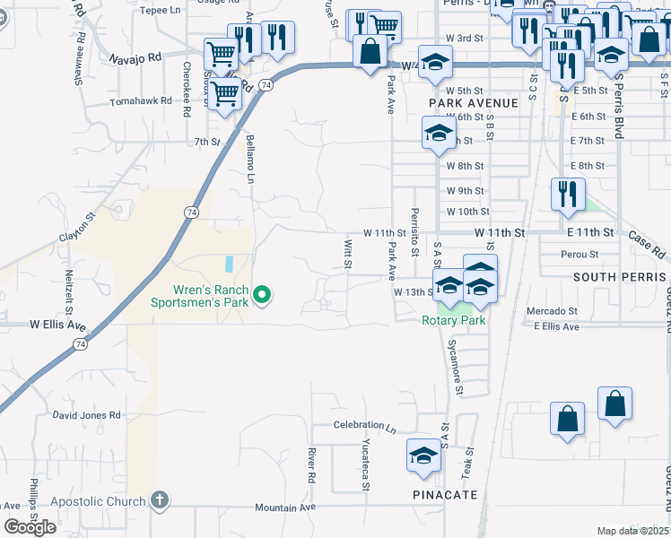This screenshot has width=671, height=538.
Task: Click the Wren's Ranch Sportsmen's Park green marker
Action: coord(262,294)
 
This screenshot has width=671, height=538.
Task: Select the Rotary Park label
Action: coord(454,320)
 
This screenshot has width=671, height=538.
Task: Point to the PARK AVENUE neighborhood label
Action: coord(474,103)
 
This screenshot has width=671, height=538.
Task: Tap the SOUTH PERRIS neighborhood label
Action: coord(620,277)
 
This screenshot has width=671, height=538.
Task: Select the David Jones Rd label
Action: coord(86,415)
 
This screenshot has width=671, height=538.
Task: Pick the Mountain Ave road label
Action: coord(285,507)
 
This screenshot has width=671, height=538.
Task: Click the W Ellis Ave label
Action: coord(57,325)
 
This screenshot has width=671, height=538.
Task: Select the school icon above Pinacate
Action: coord(423,456)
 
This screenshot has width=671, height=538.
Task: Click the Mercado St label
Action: coord(552,311)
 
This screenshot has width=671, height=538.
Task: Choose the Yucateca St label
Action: coord(366,465)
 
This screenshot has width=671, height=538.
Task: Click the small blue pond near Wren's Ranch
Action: coord(229,265)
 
